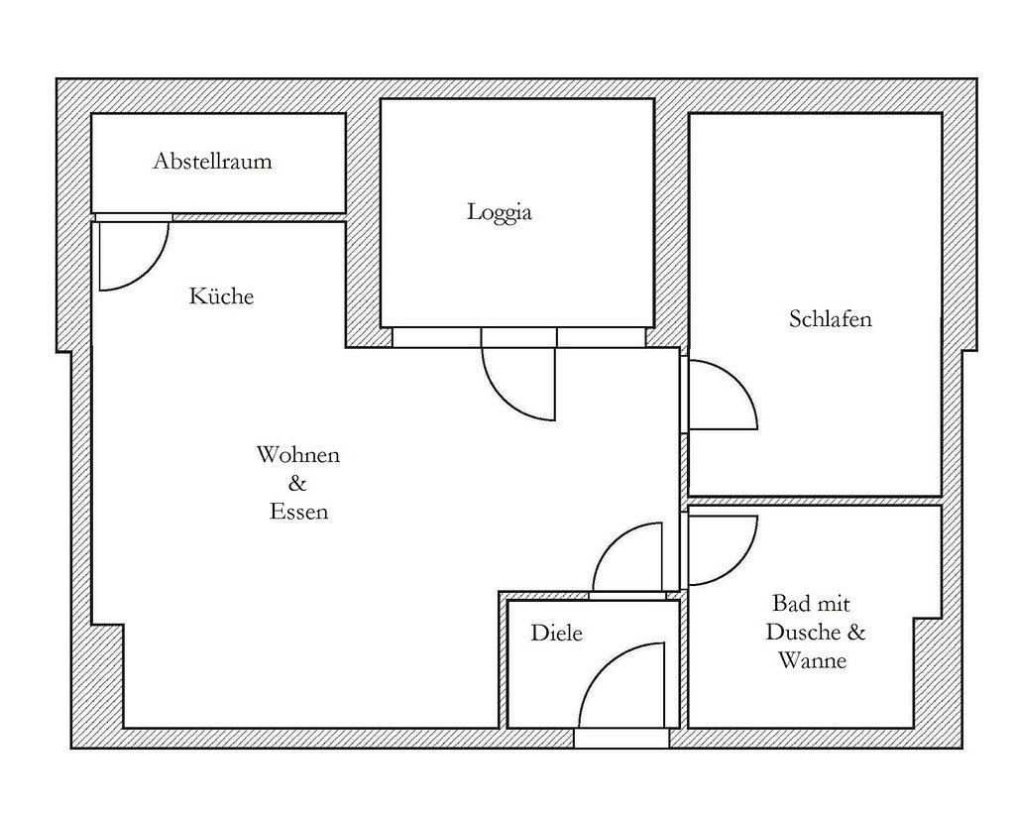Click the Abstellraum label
(212, 161)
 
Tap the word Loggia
(500, 212)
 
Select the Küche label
(221, 295)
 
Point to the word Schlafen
(831, 318)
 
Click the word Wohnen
(297, 454)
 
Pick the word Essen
(298, 512)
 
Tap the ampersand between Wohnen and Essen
(297, 483)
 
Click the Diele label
(556, 633)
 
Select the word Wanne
(813, 660)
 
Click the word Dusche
(802, 632)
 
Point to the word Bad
(789, 604)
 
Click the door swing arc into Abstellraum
(154, 269)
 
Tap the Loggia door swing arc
(502, 398)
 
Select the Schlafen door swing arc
(737, 382)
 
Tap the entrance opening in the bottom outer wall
(621, 739)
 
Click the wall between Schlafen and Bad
(815, 501)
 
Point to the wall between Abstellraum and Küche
(259, 217)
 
